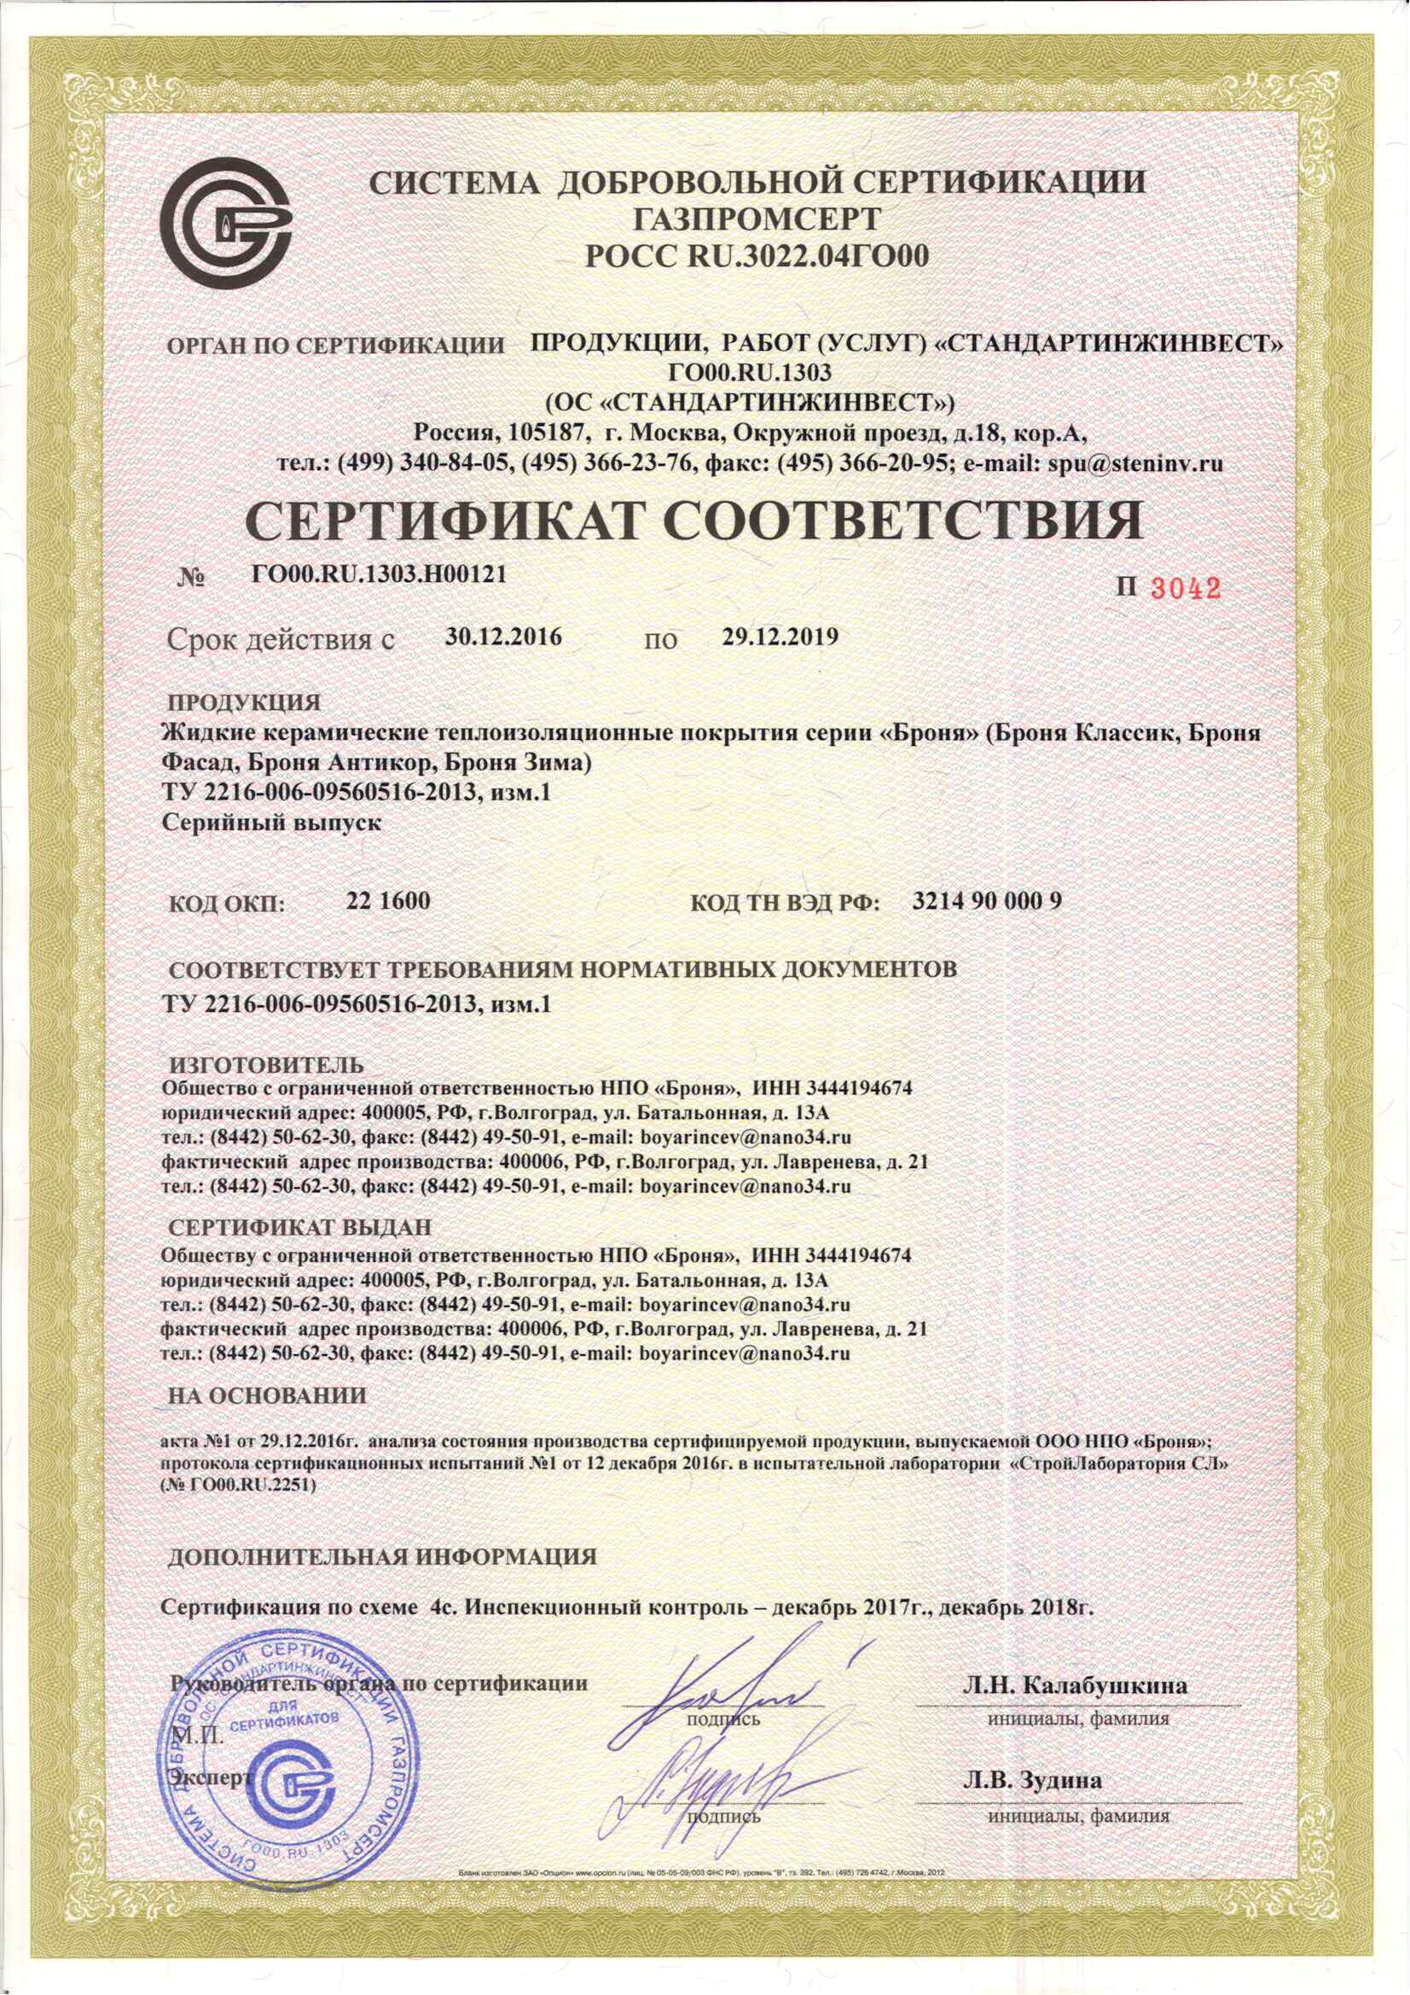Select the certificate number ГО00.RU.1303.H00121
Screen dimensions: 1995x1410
tap(379, 573)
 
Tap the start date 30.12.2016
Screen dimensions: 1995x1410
tap(504, 637)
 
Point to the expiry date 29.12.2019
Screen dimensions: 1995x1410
tap(780, 637)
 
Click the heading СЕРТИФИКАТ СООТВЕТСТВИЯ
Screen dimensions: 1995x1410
tap(693, 521)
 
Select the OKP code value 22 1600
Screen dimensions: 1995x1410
tap(388, 901)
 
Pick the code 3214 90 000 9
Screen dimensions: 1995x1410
tap(987, 901)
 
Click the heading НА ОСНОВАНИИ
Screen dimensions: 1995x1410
tap(268, 1396)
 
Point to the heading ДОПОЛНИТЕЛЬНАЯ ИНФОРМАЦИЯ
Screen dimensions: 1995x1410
tap(382, 1556)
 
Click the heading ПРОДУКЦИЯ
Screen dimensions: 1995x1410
tap(244, 701)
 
